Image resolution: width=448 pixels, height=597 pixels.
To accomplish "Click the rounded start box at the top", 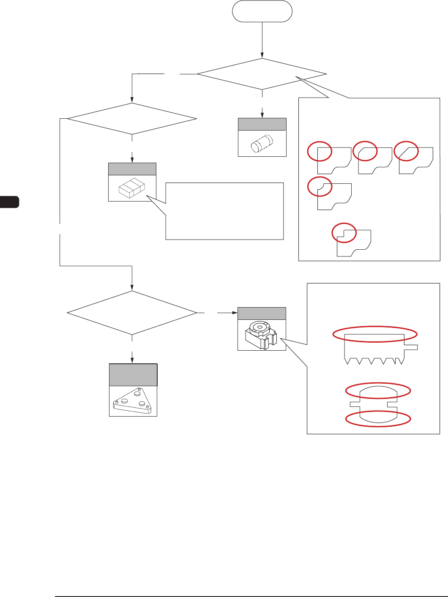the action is (x=262, y=11).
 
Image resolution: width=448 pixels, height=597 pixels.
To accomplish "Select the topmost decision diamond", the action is (x=262, y=74).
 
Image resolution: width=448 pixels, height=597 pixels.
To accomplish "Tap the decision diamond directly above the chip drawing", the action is (x=132, y=119).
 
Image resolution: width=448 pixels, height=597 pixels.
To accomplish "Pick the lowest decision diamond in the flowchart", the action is (x=132, y=313).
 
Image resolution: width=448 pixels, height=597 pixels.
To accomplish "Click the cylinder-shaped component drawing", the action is (x=262, y=144).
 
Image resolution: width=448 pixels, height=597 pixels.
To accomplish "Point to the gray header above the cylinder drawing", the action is (x=262, y=124).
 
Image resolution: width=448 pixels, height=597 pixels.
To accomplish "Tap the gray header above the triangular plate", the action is (x=133, y=375).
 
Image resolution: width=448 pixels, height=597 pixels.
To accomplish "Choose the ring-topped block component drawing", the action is (x=262, y=335).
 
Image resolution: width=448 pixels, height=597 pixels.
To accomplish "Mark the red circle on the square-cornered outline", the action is (x=320, y=151).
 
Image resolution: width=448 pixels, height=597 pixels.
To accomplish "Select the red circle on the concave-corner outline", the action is (x=320, y=187).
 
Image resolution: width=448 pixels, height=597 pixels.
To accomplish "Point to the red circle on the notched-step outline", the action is (x=344, y=233).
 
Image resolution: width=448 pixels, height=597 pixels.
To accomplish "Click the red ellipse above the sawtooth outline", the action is (x=375, y=334).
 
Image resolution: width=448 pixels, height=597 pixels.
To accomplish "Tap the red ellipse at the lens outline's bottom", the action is (x=378, y=419).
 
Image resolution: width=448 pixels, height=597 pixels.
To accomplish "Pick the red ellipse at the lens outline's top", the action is (x=378, y=391).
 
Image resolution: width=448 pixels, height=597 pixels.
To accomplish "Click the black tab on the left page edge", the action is (x=9, y=202).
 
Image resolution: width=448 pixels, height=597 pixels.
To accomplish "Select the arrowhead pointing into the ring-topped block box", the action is (x=235, y=313).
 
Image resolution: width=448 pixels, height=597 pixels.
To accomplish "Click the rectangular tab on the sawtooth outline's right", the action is (x=411, y=347).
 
